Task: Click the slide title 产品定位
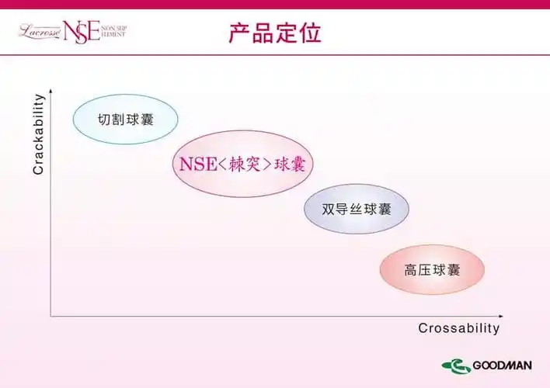pyautogui.click(x=275, y=33)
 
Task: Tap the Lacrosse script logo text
pyautogui.click(x=39, y=31)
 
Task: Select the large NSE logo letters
pyautogui.click(x=82, y=32)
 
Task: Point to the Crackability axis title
pyautogui.click(x=38, y=134)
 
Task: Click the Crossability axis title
pyautogui.click(x=459, y=328)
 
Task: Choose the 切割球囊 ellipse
pyautogui.click(x=126, y=120)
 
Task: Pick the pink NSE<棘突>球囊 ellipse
pyautogui.click(x=242, y=164)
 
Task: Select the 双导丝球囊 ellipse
pyautogui.click(x=357, y=209)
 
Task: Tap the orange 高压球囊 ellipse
pyautogui.click(x=432, y=270)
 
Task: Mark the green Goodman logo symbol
pyautogui.click(x=456, y=366)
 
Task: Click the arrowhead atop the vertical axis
pyautogui.click(x=51, y=91)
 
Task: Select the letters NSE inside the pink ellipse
pyautogui.click(x=195, y=165)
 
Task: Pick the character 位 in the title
pyautogui.click(x=310, y=33)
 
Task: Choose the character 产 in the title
pyautogui.click(x=240, y=33)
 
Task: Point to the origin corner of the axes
pyautogui.click(x=51, y=316)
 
